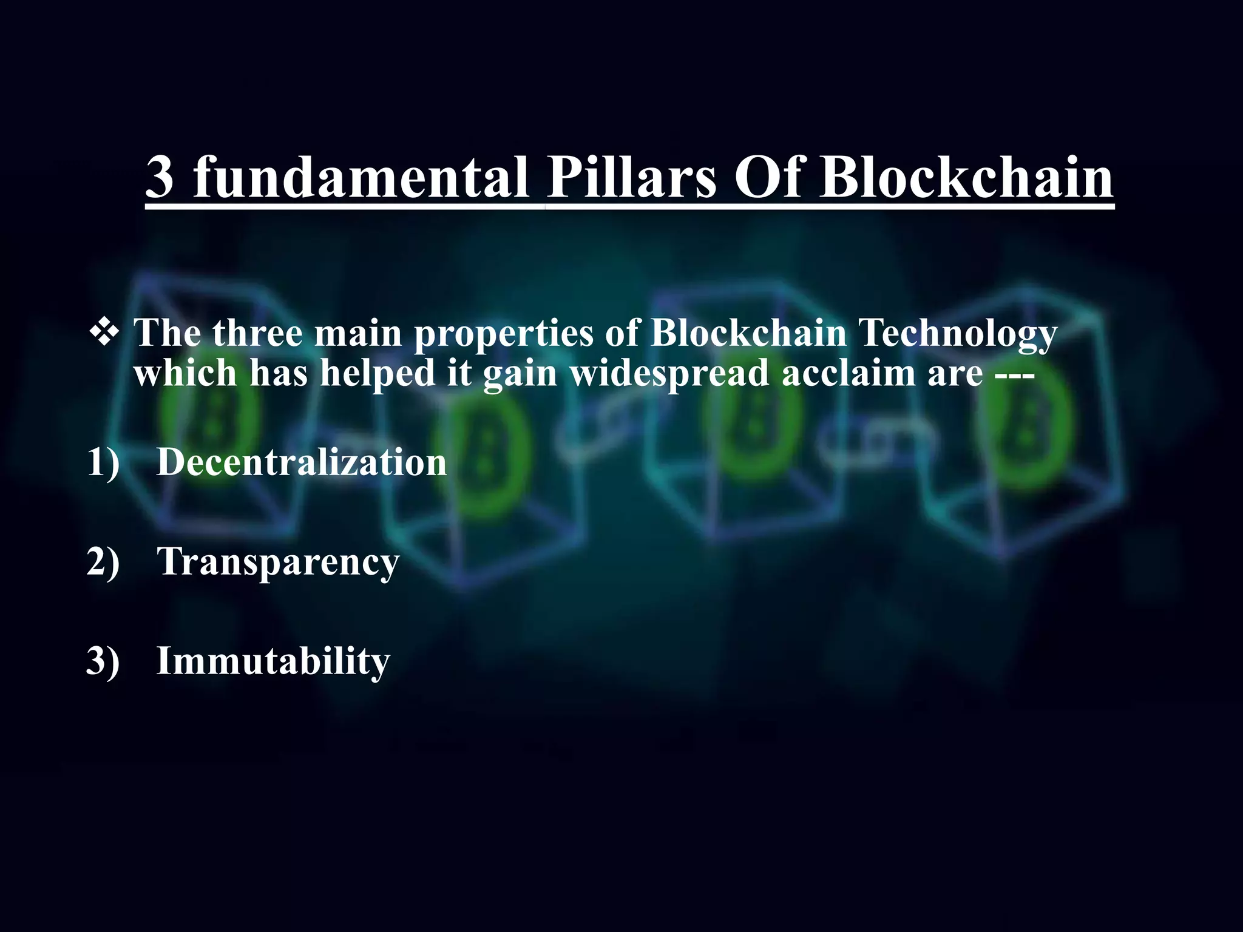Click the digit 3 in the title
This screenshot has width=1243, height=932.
pyautogui.click(x=160, y=177)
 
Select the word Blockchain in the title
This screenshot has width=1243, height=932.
pyautogui.click(x=966, y=177)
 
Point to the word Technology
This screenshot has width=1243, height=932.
pyautogui.click(x=958, y=334)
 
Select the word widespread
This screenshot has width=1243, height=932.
pyautogui.click(x=669, y=373)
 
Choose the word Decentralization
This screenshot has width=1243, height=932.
pyautogui.click(x=302, y=462)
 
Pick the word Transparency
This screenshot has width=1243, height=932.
pyautogui.click(x=278, y=562)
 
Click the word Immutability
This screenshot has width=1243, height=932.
pyautogui.click(x=273, y=661)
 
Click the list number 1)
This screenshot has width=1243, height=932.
pyautogui.click(x=103, y=462)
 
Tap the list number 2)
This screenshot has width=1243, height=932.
pyautogui.click(x=103, y=561)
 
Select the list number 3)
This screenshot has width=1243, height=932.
pyautogui.click(x=103, y=661)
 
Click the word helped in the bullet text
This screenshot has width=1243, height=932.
pyautogui.click(x=378, y=373)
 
